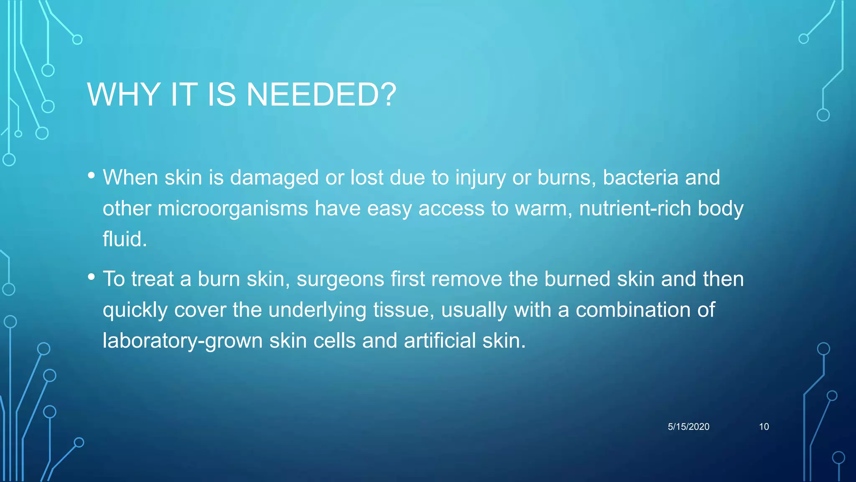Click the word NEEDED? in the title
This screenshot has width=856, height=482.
pos(321,95)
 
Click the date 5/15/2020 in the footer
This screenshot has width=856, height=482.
pos(688,427)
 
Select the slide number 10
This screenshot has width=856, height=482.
pos(764,427)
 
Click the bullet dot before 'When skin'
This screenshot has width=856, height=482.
pos(92,175)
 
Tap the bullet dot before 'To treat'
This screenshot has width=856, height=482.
pos(92,277)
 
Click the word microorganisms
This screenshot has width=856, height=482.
pos(233,208)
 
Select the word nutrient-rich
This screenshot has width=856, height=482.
pos(635,208)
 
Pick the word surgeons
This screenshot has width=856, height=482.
pos(340,279)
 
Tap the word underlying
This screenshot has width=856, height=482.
pos(317,310)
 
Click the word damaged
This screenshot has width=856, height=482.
pos(274,178)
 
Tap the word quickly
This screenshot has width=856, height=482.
pos(135,310)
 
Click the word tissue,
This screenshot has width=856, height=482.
pos(404,310)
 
